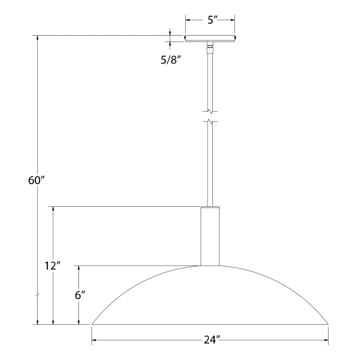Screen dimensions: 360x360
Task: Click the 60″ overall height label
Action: point(36,180)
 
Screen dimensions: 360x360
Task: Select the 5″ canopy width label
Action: point(210,21)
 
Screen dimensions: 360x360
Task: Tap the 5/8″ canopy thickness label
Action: point(171,60)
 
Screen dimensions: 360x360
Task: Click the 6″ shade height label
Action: point(80,296)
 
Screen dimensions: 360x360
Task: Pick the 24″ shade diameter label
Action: point(212,340)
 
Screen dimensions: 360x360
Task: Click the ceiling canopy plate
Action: point(210,38)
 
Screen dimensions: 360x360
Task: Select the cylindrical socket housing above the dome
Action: point(210,236)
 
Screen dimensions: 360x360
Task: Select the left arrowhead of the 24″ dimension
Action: point(95,341)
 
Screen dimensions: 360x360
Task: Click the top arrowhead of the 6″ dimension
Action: point(79,268)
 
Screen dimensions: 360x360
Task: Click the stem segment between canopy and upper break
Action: point(210,80)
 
